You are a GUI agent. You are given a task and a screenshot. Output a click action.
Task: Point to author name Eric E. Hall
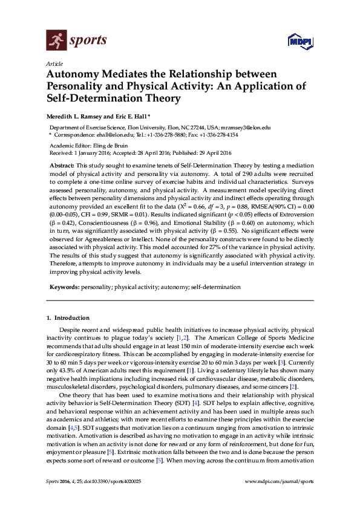tap(131, 115)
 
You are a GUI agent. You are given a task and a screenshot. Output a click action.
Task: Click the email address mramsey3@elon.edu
tap(247, 128)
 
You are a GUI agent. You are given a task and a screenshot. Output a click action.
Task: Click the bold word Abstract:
tap(62, 165)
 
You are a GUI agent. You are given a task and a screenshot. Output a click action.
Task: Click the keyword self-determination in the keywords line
tap(216, 287)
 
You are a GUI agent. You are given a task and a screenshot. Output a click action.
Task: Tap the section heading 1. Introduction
tap(68, 317)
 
